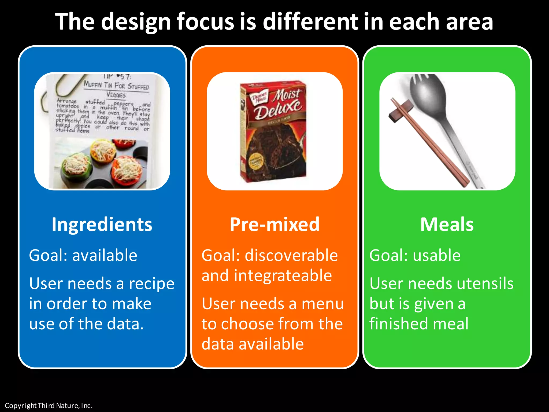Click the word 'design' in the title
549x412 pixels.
point(136,22)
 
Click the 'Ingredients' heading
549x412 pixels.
point(102,225)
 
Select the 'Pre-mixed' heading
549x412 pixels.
point(274,225)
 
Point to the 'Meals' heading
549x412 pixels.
point(447,225)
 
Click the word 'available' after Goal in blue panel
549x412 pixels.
point(105,255)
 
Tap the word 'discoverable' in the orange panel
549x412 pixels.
point(291,255)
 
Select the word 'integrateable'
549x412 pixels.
point(283,276)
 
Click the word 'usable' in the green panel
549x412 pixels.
point(437,255)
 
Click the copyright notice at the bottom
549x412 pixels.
point(49,406)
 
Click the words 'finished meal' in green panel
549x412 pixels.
point(419,324)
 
